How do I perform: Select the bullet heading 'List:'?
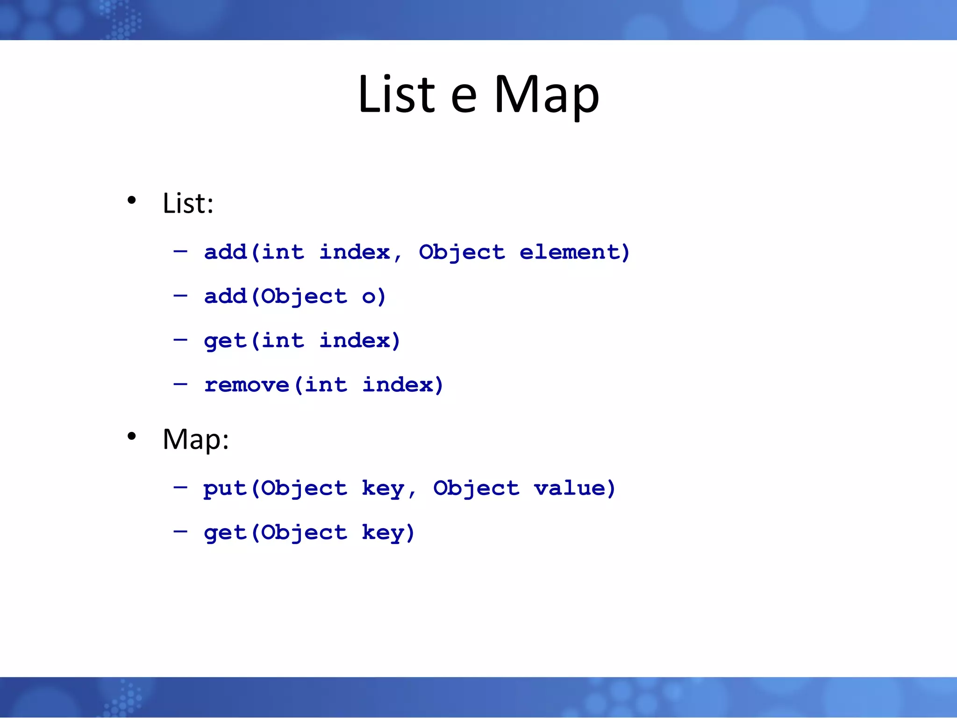tap(188, 203)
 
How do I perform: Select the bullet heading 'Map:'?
tap(195, 439)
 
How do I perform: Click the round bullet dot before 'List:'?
tap(132, 201)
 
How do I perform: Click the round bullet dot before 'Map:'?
tap(132, 436)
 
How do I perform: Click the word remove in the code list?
tap(246, 385)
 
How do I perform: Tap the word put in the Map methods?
tap(224, 489)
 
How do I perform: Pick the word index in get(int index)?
tap(354, 341)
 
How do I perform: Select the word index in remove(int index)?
tap(397, 385)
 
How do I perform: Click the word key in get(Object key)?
tap(383, 533)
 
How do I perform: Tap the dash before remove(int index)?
tap(180, 384)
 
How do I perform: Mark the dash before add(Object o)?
tap(180, 295)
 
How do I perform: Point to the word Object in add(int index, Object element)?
tap(462, 252)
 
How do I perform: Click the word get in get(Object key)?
tap(224, 533)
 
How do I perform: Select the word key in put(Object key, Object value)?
tap(383, 489)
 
